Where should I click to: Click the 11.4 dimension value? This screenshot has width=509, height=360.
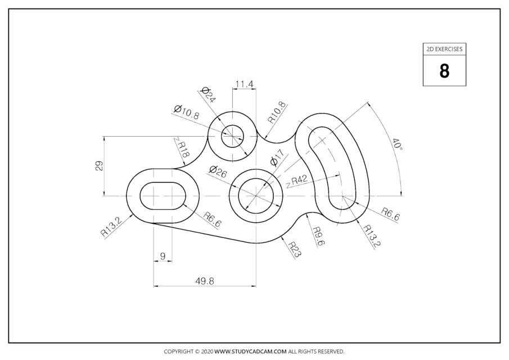[x=244, y=84]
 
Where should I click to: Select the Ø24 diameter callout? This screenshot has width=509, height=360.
[x=208, y=95]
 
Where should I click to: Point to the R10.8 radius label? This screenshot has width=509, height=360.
[x=277, y=112]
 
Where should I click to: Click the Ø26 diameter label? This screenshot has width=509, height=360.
[x=218, y=172]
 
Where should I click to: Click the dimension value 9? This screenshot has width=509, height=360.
[x=163, y=256]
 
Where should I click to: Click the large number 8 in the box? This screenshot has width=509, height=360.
[x=444, y=71]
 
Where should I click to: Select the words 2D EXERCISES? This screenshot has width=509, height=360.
[x=444, y=49]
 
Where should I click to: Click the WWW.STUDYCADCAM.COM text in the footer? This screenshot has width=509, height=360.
[x=251, y=352]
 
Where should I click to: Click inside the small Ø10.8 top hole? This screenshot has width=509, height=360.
[x=232, y=135]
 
